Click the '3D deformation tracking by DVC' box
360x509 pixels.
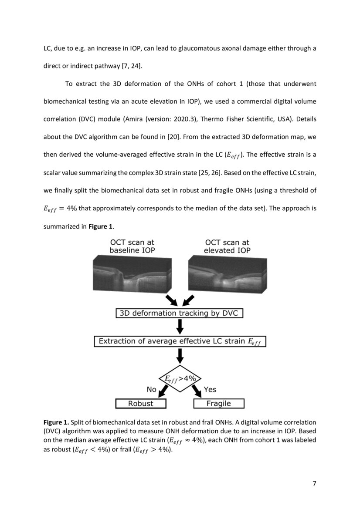[x=179, y=313]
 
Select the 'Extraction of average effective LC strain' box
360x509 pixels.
[x=180, y=341]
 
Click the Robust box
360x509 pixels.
[x=141, y=404]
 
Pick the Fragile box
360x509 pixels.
[x=219, y=404]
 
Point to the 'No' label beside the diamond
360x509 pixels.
[x=151, y=389]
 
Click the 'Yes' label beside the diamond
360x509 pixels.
[x=210, y=389]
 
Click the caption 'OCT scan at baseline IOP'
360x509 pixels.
[x=132, y=246]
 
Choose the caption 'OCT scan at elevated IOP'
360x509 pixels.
[x=227, y=246]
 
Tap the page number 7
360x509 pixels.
[x=314, y=484]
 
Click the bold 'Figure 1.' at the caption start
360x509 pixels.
[x=56, y=422]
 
